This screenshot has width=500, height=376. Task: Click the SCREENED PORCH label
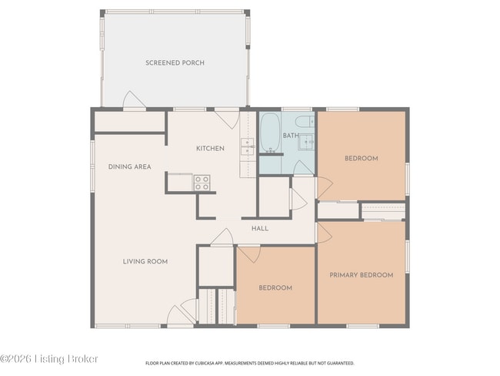[x=175, y=62]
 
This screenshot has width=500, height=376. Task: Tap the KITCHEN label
[x=210, y=149]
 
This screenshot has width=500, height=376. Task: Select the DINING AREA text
[x=129, y=166]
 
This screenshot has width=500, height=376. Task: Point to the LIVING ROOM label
[x=145, y=261]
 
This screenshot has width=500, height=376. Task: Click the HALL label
[x=260, y=228]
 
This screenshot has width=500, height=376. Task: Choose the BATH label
[x=291, y=136]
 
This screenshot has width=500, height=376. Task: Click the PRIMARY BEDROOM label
[x=361, y=275]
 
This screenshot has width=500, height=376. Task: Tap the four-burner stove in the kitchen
[x=202, y=183]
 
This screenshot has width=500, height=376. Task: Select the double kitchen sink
[x=248, y=146]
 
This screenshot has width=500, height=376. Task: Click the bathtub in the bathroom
[x=270, y=133]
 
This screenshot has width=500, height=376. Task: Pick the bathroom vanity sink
[x=306, y=141]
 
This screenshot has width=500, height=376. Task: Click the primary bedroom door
[x=324, y=233]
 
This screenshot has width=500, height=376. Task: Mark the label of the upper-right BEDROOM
[x=361, y=159]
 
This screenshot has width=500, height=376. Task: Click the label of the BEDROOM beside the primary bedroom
[x=275, y=287]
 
